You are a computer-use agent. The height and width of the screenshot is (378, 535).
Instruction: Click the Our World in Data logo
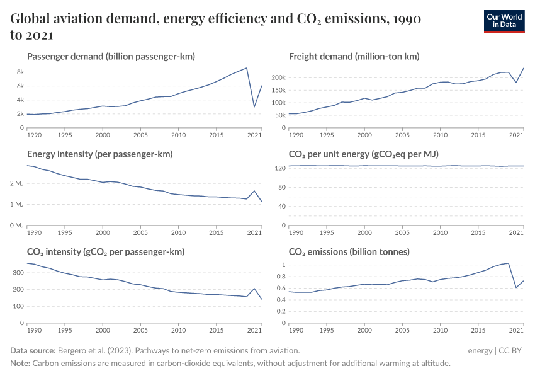click(x=504, y=21)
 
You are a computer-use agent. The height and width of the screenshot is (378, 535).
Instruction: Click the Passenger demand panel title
click(x=111, y=57)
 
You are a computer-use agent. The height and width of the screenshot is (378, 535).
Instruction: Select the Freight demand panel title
click(x=354, y=57)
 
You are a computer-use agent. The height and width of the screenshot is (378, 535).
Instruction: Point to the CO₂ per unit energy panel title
click(x=363, y=154)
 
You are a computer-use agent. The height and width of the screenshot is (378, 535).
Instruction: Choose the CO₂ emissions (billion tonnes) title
click(x=349, y=251)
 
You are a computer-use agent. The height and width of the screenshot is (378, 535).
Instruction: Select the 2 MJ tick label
click(x=16, y=184)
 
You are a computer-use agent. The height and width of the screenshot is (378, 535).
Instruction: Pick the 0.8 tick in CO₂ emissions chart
click(x=281, y=277)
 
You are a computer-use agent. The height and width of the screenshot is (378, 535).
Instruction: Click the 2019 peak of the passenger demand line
click(x=247, y=68)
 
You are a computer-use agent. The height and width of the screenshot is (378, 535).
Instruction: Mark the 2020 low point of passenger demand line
click(x=254, y=106)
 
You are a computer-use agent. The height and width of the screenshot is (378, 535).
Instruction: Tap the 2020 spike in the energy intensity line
click(x=254, y=191)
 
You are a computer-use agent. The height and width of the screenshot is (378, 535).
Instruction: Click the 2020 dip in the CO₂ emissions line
click(x=516, y=288)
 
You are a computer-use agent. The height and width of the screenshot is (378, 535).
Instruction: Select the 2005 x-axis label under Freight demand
click(x=402, y=135)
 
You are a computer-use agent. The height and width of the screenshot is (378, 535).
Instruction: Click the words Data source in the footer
click(x=33, y=350)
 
